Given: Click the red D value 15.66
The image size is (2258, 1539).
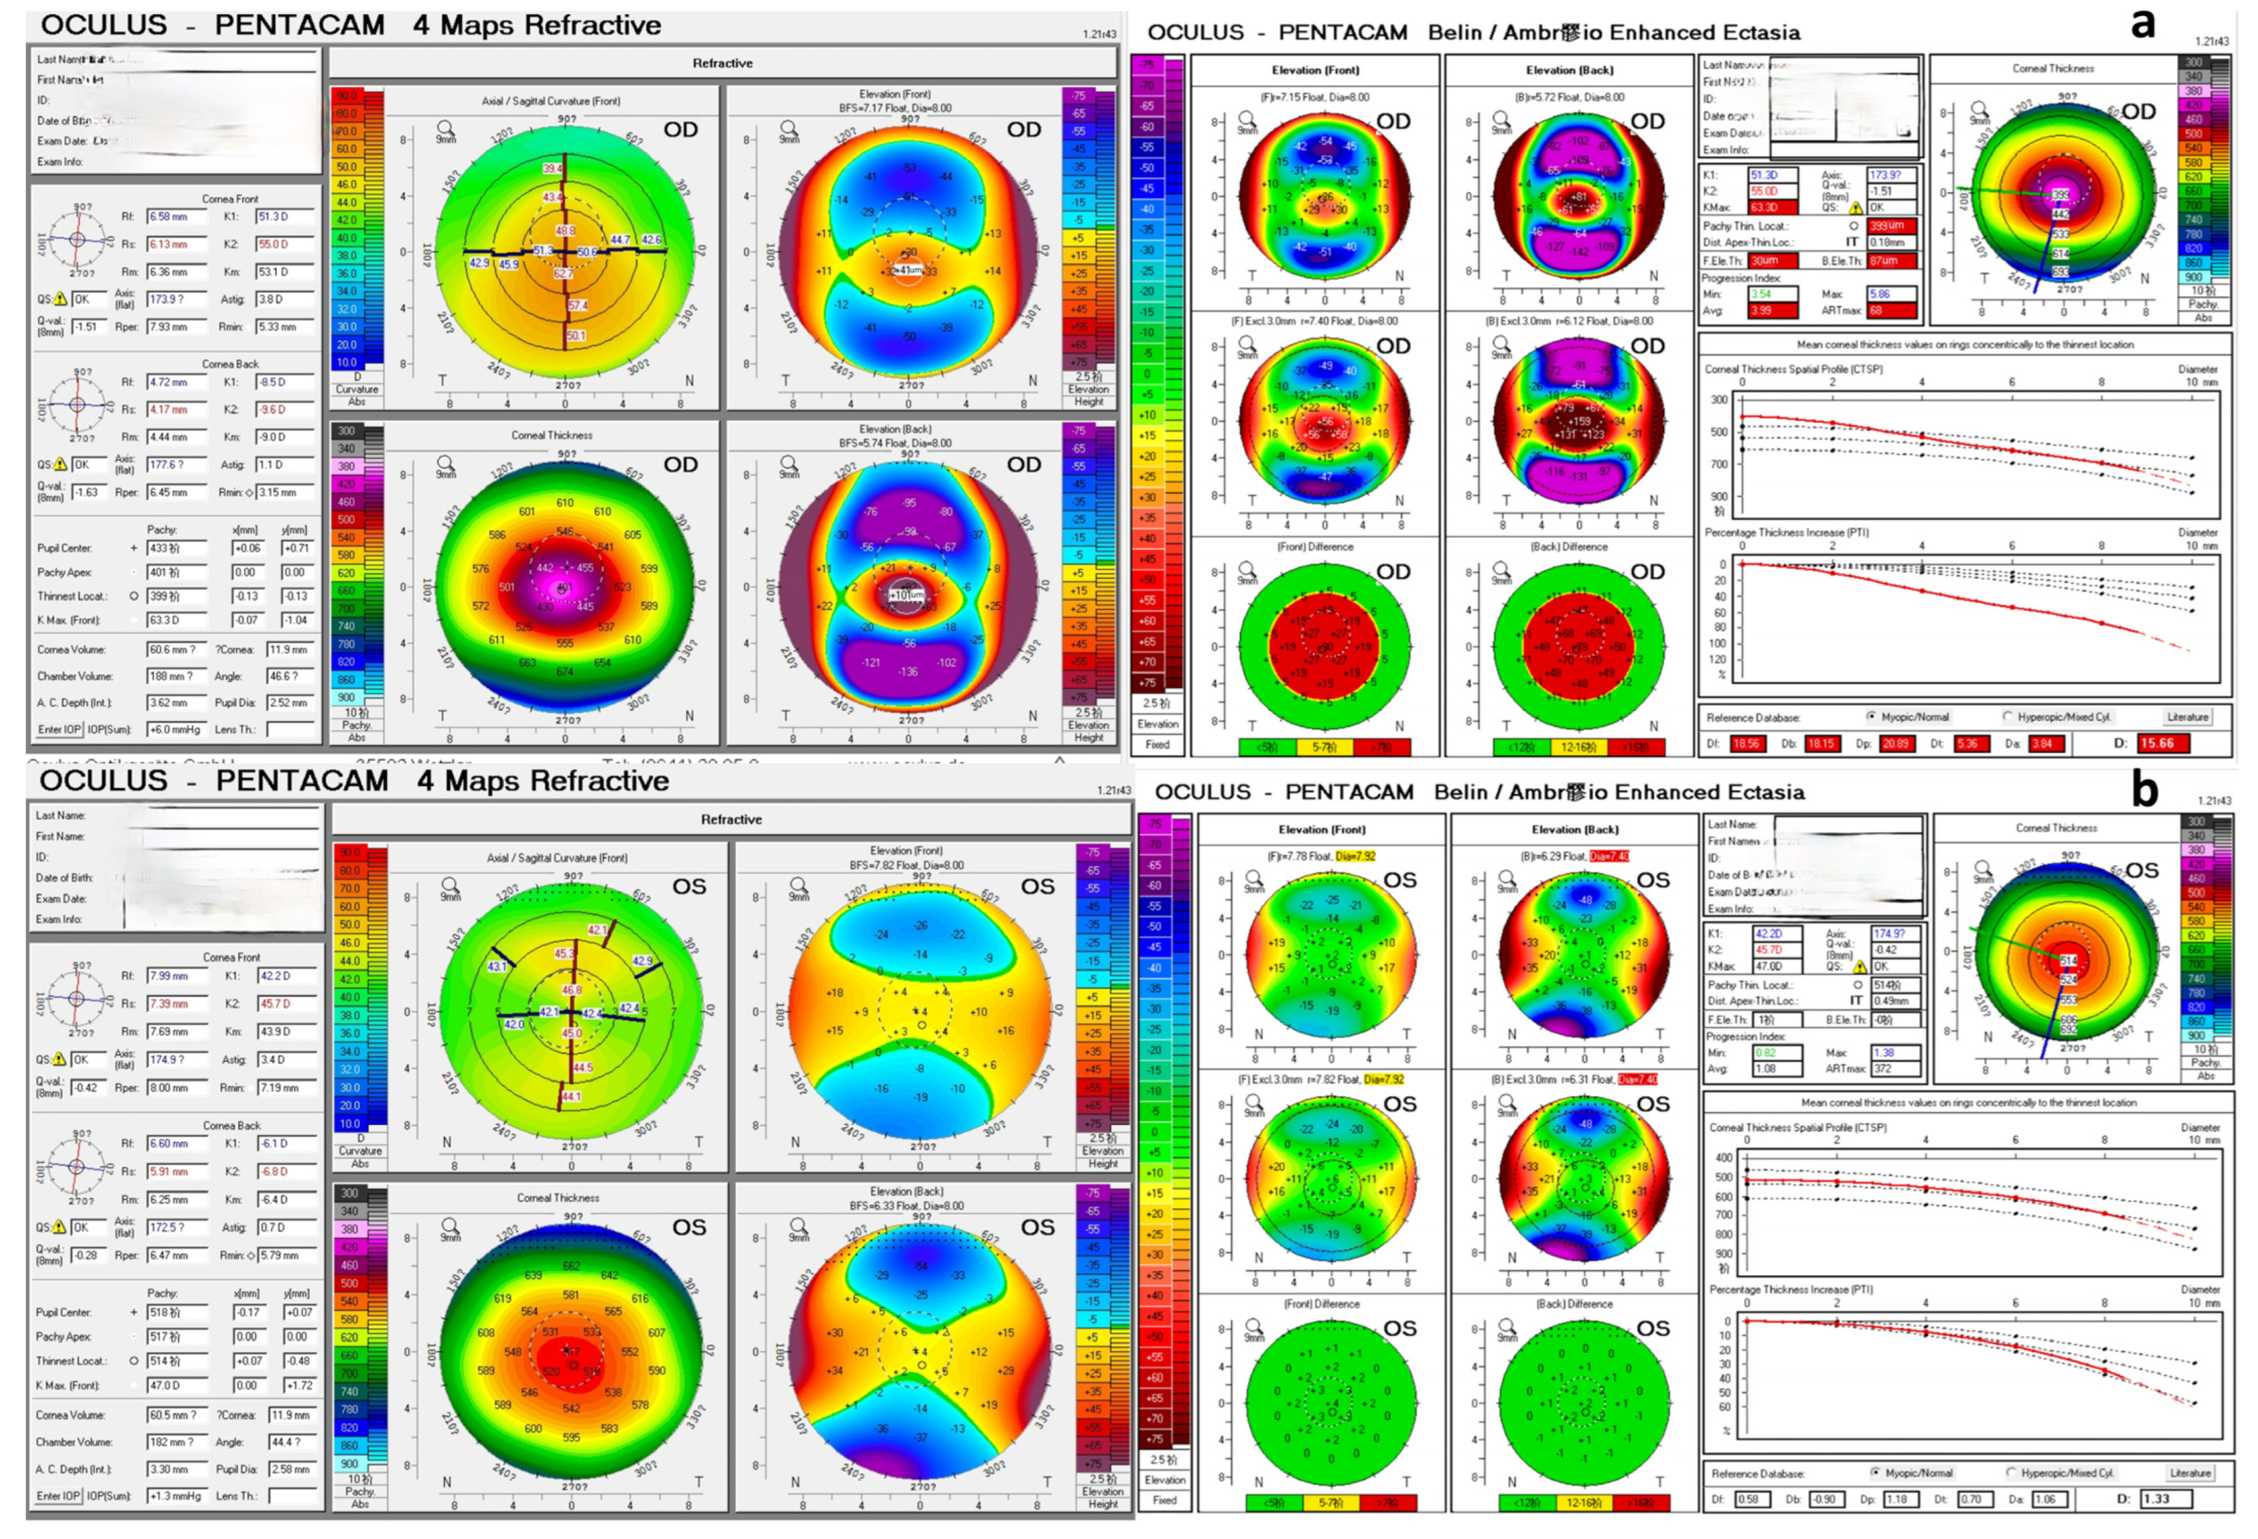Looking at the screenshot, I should click(x=2163, y=743).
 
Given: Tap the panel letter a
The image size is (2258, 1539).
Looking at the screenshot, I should click(x=2144, y=24).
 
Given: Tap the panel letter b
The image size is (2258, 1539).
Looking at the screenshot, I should click(x=2145, y=790).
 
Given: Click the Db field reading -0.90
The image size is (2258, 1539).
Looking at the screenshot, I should click(x=1824, y=1499).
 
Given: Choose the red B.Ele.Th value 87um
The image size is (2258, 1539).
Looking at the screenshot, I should click(x=1890, y=260).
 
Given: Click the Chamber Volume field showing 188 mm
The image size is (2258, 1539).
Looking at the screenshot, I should click(x=176, y=676).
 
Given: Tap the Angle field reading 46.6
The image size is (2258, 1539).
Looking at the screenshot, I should click(x=289, y=676).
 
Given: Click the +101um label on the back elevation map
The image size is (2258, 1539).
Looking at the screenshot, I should click(x=908, y=595).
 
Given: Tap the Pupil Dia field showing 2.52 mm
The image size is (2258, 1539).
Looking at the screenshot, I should click(x=289, y=702).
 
